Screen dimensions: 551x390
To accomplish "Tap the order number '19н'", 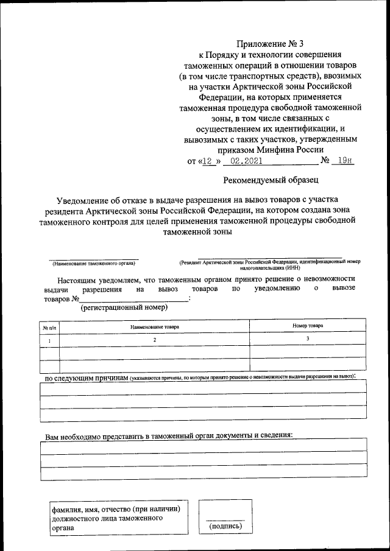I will point(345,161).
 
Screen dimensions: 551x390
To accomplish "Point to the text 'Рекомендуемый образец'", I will point(271,180).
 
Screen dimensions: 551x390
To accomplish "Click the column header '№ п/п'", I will point(49,327).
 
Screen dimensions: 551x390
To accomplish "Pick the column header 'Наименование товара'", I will point(155,327).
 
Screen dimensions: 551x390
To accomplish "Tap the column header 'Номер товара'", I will point(308,326).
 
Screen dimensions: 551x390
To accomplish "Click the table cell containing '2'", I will point(155,340).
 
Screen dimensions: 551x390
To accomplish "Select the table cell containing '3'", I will point(308,339).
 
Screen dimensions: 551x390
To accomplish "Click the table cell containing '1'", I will point(49,340).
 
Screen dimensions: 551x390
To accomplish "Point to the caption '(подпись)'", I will point(225,525).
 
